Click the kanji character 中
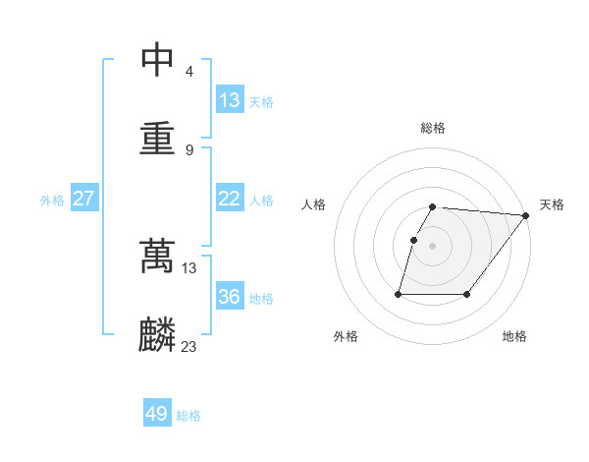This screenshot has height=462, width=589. tap(157, 60)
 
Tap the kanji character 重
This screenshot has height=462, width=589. tap(157, 137)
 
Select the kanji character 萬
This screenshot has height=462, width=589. tap(157, 256)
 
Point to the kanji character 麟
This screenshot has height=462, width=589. tap(157, 334)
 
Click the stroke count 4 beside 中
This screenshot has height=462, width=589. tap(188, 72)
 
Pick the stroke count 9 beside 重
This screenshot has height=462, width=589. tap(188, 149)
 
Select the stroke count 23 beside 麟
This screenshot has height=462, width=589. tap(189, 346)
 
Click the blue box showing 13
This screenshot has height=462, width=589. tap(229, 100)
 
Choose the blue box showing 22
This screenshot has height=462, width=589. tap(229, 199)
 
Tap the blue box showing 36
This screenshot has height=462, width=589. tap(229, 297)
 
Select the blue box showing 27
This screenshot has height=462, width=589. tap(83, 199)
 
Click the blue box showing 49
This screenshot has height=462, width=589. tap(157, 414)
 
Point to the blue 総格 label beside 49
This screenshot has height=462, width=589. tap(188, 416)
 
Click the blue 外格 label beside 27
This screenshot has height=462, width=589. tap(52, 201)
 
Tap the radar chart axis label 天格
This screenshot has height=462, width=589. tap(552, 204)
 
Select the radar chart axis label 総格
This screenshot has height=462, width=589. tap(433, 128)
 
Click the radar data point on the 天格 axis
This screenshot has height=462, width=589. tap(526, 215)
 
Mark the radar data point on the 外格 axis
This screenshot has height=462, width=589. tap(399, 294)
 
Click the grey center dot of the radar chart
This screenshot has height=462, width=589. tap(433, 245)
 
